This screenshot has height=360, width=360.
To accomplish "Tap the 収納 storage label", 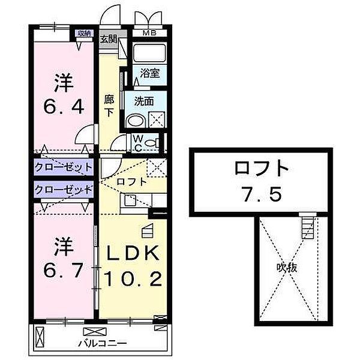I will pos(83,33).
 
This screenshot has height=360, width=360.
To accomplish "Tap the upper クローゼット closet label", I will pos(64,167).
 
